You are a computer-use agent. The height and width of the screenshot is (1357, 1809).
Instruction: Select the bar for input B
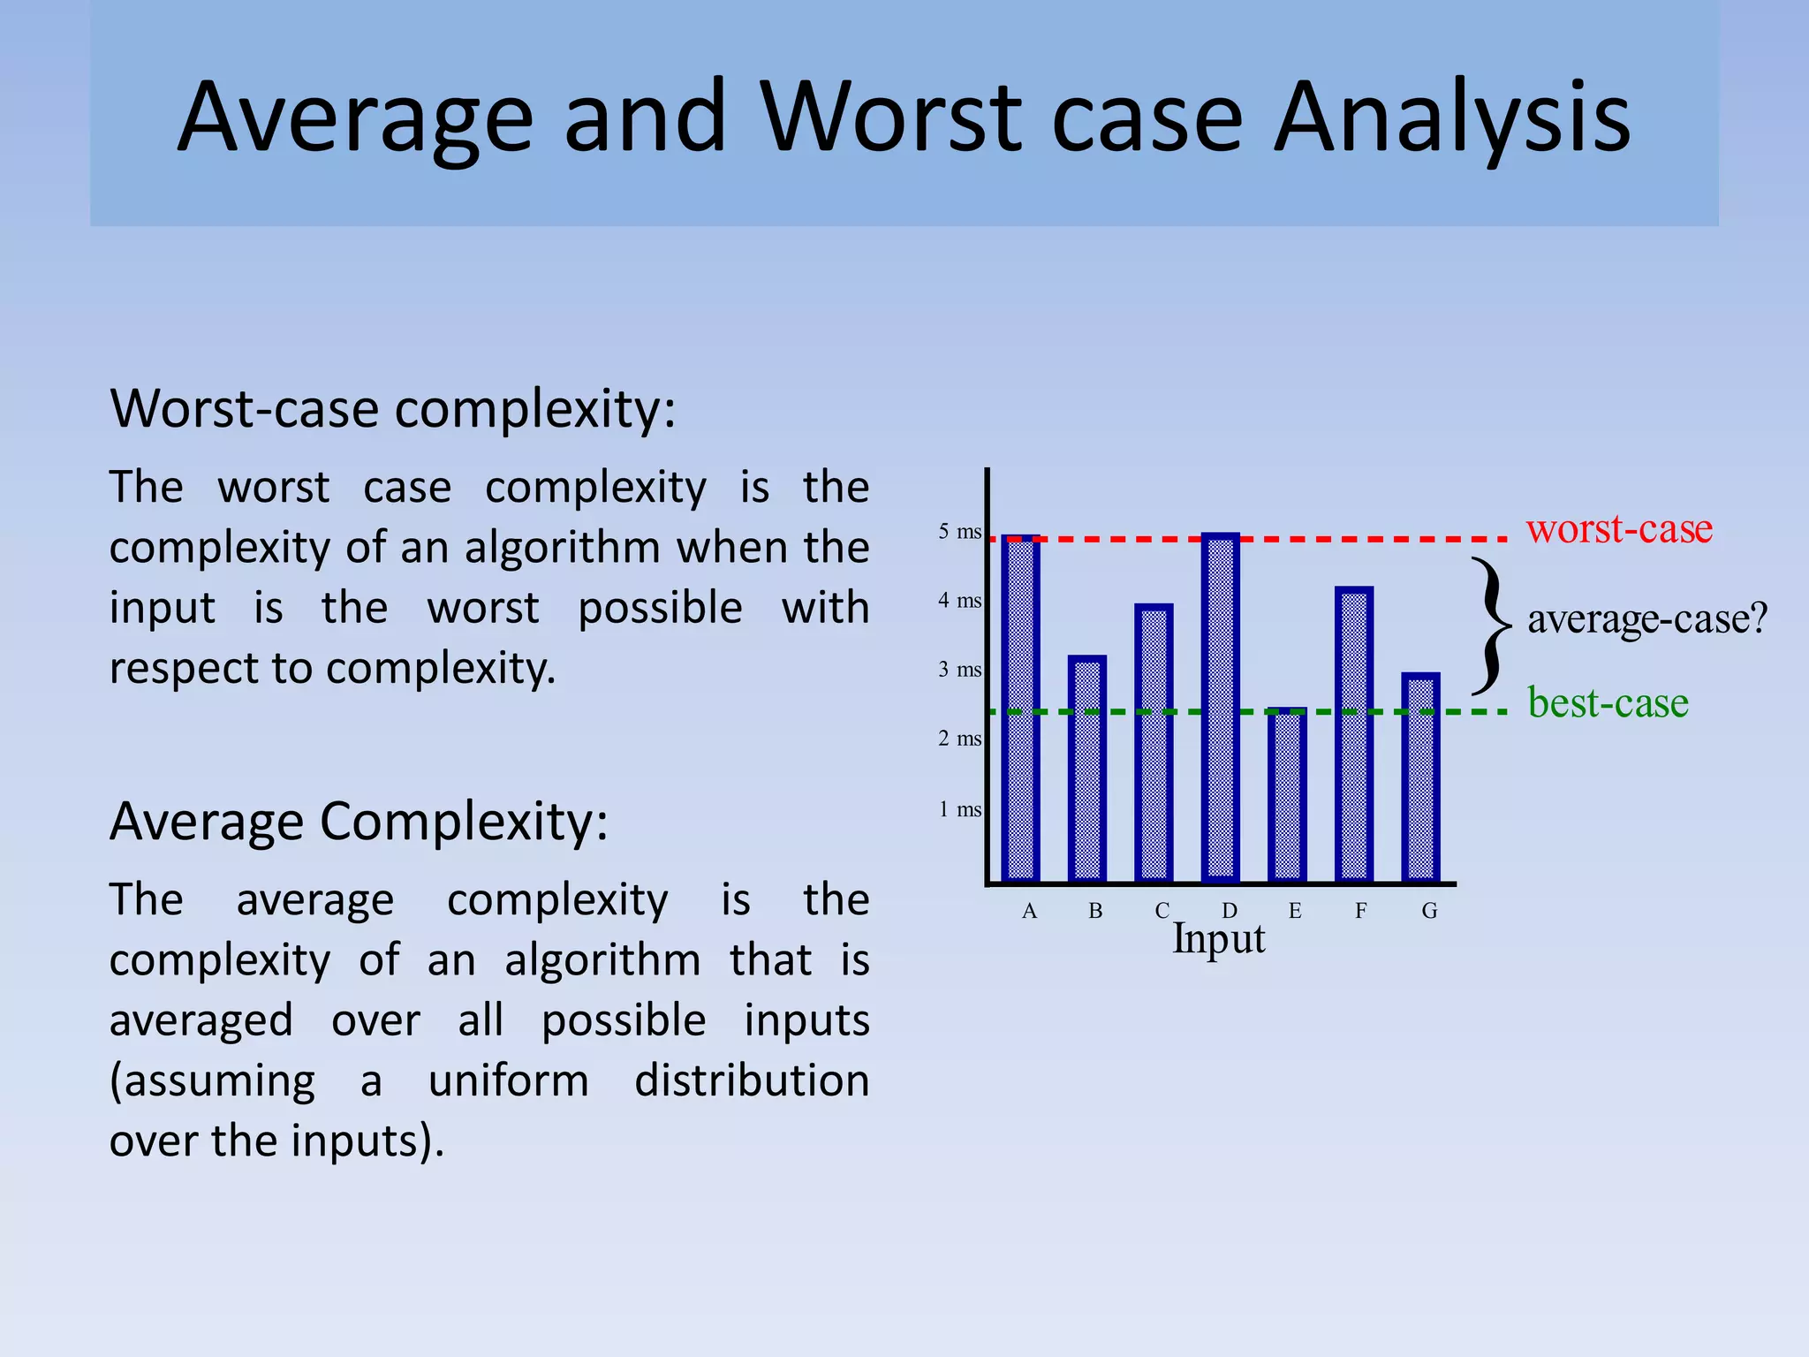[x=1087, y=769]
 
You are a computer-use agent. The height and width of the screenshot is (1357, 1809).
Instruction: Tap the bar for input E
[x=1287, y=795]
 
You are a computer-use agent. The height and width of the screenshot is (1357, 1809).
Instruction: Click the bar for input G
[x=1420, y=777]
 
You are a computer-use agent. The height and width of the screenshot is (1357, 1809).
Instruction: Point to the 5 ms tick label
[x=959, y=532]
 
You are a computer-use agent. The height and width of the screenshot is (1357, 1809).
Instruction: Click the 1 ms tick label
[x=959, y=809]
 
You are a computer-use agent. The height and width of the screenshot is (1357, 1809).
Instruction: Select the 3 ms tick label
[x=959, y=670]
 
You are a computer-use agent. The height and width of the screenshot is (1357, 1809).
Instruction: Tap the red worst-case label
[x=1619, y=528]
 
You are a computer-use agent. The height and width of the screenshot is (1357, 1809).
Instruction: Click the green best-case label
[x=1608, y=703]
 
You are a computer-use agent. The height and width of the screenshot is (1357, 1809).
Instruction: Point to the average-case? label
[x=1647, y=618]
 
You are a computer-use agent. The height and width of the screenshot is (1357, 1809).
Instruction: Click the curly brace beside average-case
[x=1492, y=625]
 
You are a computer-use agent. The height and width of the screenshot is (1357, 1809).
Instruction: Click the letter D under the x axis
[x=1230, y=911]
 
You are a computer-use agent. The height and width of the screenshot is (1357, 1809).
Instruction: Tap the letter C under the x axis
[x=1162, y=911]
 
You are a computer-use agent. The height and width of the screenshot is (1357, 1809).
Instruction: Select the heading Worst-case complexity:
[x=393, y=409]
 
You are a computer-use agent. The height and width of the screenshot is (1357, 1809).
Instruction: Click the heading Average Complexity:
[x=359, y=822]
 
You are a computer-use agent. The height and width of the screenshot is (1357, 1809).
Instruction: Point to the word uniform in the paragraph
[x=508, y=1080]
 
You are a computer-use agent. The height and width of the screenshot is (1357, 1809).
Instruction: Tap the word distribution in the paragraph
[x=752, y=1080]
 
